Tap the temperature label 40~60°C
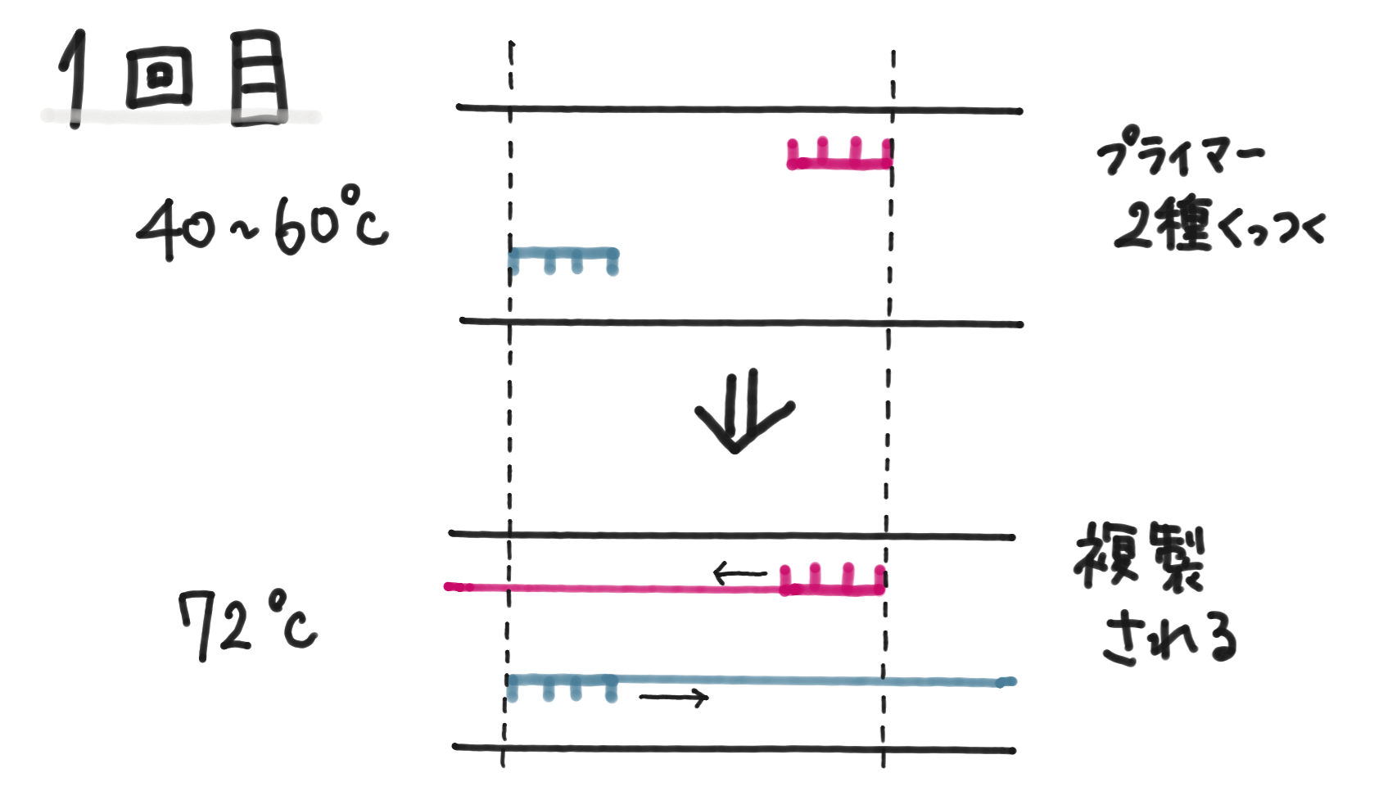click(262, 224)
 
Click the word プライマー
click(1179, 153)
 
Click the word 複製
click(1139, 557)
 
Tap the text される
click(1169, 639)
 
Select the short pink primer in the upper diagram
click(839, 156)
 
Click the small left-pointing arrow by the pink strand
click(739, 573)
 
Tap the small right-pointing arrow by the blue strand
click(673, 698)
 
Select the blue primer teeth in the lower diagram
click(562, 686)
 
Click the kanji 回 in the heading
click(160, 78)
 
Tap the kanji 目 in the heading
click(258, 78)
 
